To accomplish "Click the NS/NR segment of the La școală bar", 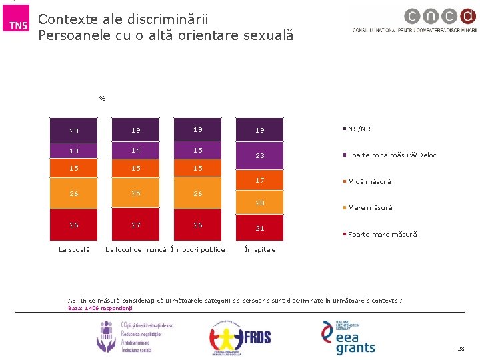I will click(x=74, y=131).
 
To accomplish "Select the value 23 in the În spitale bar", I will click(x=260, y=155).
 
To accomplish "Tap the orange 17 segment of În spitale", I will click(x=260, y=181).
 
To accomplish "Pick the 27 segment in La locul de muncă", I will click(x=136, y=225).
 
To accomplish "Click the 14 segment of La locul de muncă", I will click(x=136, y=151).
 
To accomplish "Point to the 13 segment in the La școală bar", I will click(x=74, y=151).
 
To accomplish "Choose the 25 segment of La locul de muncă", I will click(x=136, y=193).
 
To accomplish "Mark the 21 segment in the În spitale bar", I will click(x=260, y=228).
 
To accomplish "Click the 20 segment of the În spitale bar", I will click(x=260, y=203).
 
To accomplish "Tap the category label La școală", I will click(x=74, y=250).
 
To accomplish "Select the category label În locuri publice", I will click(x=198, y=250).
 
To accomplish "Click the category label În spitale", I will click(x=260, y=250).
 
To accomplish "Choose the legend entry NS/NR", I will click(x=359, y=129).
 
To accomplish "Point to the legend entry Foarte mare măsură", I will click(x=382, y=235).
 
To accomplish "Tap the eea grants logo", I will click(x=348, y=337).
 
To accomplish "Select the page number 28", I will click(x=461, y=349).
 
